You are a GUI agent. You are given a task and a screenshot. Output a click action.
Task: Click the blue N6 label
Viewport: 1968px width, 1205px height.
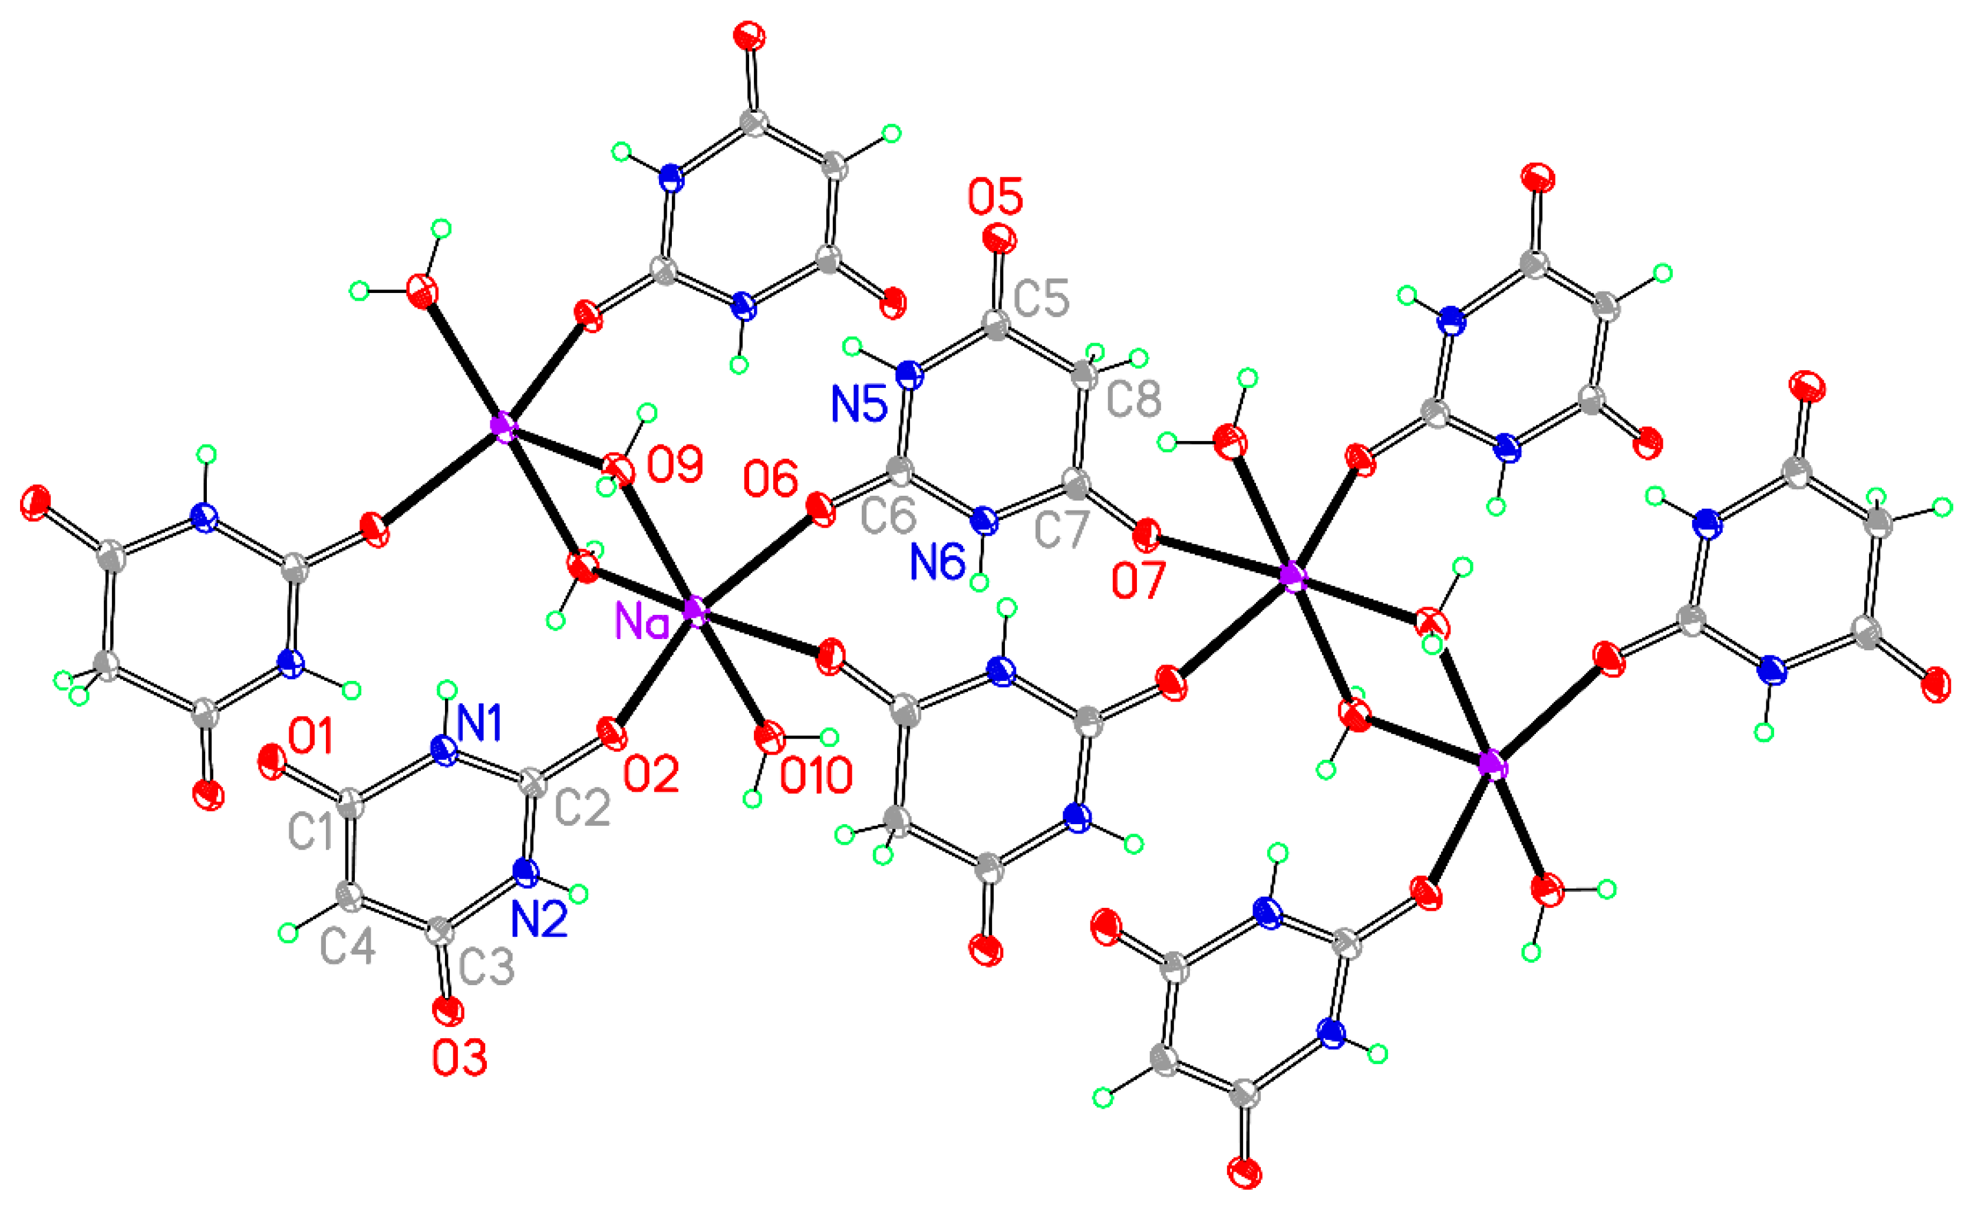938,562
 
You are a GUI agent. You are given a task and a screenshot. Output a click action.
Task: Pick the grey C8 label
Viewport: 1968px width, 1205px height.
1133,397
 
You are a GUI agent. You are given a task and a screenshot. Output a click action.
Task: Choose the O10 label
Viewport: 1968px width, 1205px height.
816,775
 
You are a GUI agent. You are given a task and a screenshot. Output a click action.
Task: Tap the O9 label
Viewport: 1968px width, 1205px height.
675,465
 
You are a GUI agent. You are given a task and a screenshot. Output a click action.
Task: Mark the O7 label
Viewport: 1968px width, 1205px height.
1138,580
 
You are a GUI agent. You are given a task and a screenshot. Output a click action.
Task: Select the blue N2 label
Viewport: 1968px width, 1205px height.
539,919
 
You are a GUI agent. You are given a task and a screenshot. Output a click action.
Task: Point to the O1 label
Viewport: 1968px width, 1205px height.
311,736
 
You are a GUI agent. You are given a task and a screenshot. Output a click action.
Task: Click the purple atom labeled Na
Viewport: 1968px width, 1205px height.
695,611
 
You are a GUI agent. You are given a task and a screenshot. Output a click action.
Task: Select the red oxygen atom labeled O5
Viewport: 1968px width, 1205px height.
999,238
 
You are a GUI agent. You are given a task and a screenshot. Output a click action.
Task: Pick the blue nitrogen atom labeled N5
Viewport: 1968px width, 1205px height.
908,374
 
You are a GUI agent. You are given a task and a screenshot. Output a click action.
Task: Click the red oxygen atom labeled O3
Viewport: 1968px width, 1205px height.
447,1011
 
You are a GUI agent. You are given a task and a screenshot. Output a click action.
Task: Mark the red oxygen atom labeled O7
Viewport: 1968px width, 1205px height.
1147,535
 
